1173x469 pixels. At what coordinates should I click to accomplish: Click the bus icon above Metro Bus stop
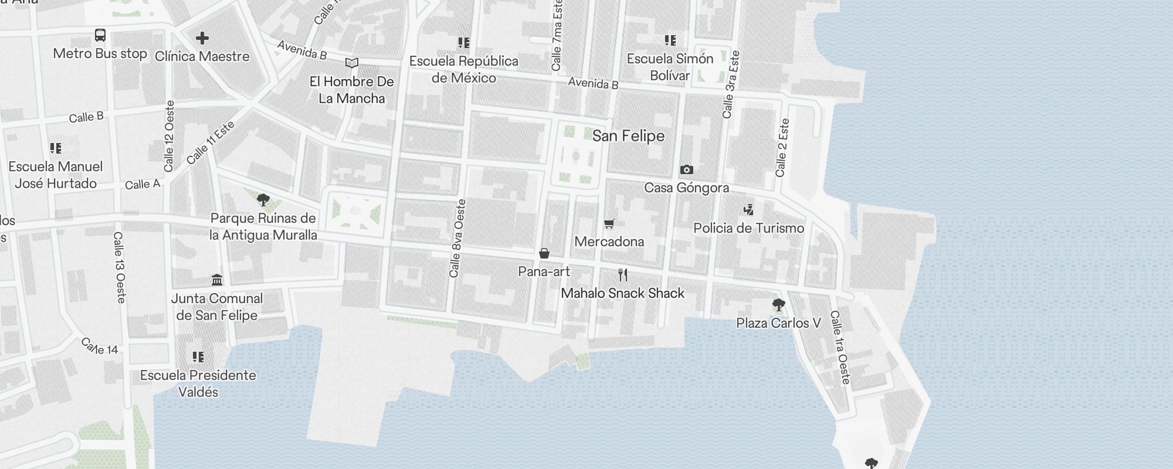click(x=100, y=35)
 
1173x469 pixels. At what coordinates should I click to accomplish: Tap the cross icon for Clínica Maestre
click(x=202, y=39)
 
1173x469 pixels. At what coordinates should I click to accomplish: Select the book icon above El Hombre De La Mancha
click(x=352, y=63)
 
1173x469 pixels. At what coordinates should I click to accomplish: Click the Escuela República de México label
click(x=463, y=69)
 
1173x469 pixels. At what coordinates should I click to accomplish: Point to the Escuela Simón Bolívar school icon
click(x=670, y=40)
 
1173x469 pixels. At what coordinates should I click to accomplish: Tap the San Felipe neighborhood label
click(x=628, y=136)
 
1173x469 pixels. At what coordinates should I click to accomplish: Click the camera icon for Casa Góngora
click(x=686, y=170)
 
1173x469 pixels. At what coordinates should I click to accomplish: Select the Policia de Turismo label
click(x=748, y=228)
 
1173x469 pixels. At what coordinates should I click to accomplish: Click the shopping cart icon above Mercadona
click(x=609, y=223)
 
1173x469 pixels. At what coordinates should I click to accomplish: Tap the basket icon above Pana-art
click(x=544, y=253)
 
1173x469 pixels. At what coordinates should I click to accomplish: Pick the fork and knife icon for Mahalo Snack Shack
click(x=623, y=274)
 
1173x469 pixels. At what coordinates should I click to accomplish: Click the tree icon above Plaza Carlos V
click(x=778, y=305)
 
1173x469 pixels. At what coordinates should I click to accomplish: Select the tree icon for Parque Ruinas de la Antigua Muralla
click(x=263, y=200)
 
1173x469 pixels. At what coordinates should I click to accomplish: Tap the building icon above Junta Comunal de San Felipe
click(x=217, y=280)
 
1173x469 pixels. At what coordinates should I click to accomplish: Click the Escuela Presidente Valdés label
click(x=198, y=383)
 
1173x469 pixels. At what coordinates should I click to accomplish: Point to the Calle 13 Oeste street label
click(x=120, y=267)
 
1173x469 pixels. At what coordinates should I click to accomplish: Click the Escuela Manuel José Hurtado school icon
click(x=56, y=148)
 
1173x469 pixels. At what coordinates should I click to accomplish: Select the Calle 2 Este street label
click(x=782, y=148)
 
